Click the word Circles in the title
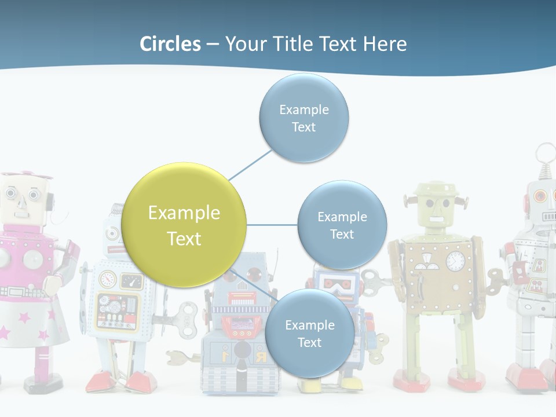(170, 44)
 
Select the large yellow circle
(184, 225)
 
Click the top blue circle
(303, 118)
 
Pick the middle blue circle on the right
(342, 225)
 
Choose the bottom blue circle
(309, 333)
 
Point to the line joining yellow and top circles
(250, 164)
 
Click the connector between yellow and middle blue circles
(272, 225)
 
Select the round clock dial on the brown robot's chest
(456, 261)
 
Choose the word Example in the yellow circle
(184, 213)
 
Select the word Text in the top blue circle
(303, 127)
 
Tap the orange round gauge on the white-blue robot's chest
(108, 279)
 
